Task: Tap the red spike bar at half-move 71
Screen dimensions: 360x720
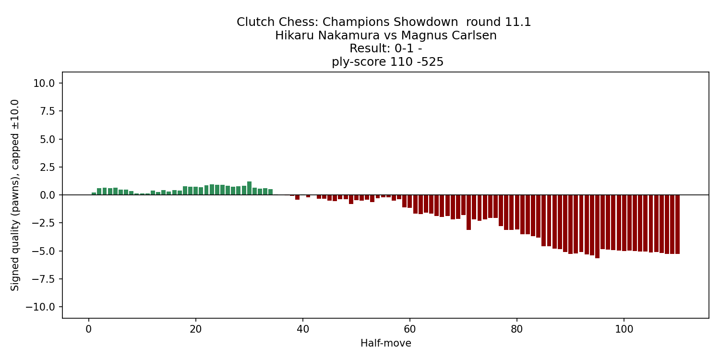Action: [468, 212]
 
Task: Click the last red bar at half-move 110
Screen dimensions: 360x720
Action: [677, 224]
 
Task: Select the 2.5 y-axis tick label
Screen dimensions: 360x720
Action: [48, 168]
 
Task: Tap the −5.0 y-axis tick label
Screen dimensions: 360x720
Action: [44, 251]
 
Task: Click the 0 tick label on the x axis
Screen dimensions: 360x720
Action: [89, 329]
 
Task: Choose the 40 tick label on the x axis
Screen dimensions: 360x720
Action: [303, 329]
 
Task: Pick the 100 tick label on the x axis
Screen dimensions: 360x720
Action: [624, 329]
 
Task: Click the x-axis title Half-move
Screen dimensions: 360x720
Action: [385, 343]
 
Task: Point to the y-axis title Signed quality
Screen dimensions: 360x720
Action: [15, 195]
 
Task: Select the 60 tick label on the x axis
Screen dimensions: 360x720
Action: [410, 329]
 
